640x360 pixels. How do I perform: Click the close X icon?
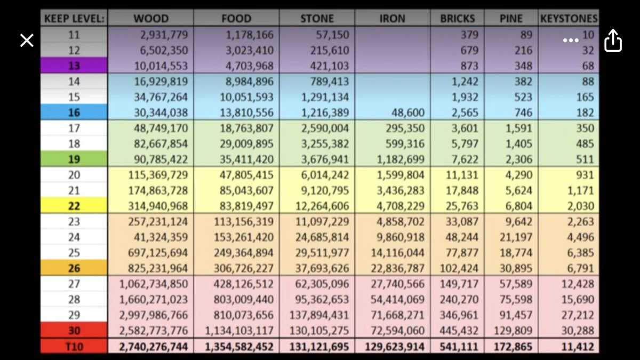(27, 41)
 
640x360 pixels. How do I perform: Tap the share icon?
(613, 41)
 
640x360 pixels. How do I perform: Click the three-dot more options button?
(571, 41)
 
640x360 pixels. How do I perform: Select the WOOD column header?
(151, 19)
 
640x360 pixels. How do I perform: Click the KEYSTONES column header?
(569, 19)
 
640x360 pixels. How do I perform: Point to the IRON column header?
(393, 19)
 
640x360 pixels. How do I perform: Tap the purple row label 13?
(74, 66)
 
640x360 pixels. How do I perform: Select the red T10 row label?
(74, 347)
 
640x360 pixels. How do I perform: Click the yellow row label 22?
(74, 206)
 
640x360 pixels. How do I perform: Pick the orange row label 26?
(74, 268)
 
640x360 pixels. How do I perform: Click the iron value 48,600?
(407, 113)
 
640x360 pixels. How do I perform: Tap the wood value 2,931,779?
(164, 35)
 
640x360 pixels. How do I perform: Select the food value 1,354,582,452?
(239, 347)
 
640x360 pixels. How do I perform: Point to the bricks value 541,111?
(459, 347)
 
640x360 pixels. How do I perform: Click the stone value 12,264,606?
(322, 206)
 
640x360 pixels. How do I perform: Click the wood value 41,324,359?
(161, 237)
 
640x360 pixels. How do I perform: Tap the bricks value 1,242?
(465, 82)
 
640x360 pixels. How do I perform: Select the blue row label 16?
(74, 113)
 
